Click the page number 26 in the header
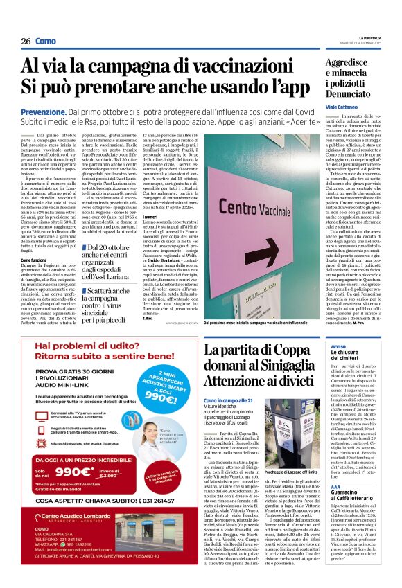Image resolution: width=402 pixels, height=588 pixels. point(26,42)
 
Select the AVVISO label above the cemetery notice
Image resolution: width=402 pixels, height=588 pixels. point(339,345)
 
